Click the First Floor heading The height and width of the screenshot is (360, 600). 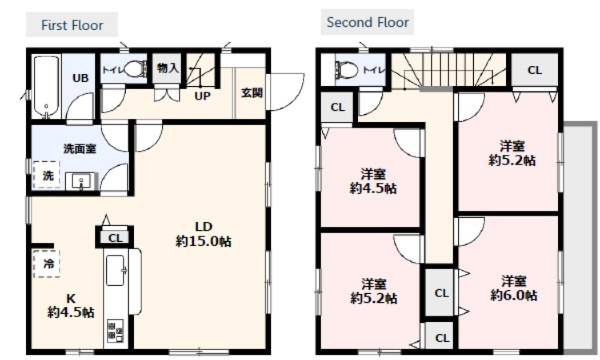point(72,25)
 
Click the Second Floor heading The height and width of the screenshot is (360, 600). point(368,22)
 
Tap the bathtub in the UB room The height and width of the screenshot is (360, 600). point(46,87)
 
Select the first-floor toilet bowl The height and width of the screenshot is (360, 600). point(135,69)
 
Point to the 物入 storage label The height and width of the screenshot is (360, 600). point(168,68)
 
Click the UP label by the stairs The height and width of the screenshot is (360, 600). point(202,96)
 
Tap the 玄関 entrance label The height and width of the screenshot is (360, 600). point(252,93)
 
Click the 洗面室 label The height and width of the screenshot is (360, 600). point(80,148)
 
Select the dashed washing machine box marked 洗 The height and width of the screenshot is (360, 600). point(46,175)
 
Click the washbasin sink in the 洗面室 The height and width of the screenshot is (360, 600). point(81,181)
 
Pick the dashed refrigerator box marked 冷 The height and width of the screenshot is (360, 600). point(46,264)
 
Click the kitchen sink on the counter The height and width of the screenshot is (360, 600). point(115,270)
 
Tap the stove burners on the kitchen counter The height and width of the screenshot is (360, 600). point(115,330)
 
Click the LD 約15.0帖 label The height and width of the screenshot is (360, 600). point(204,234)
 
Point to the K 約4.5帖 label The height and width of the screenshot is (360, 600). point(71,306)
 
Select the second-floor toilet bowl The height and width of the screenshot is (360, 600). point(346,70)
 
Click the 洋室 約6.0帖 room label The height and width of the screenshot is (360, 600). point(514,288)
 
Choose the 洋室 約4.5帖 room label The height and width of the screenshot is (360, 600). point(373,181)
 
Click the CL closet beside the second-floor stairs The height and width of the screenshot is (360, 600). point(535,70)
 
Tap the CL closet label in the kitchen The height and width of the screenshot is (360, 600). point(115,238)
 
